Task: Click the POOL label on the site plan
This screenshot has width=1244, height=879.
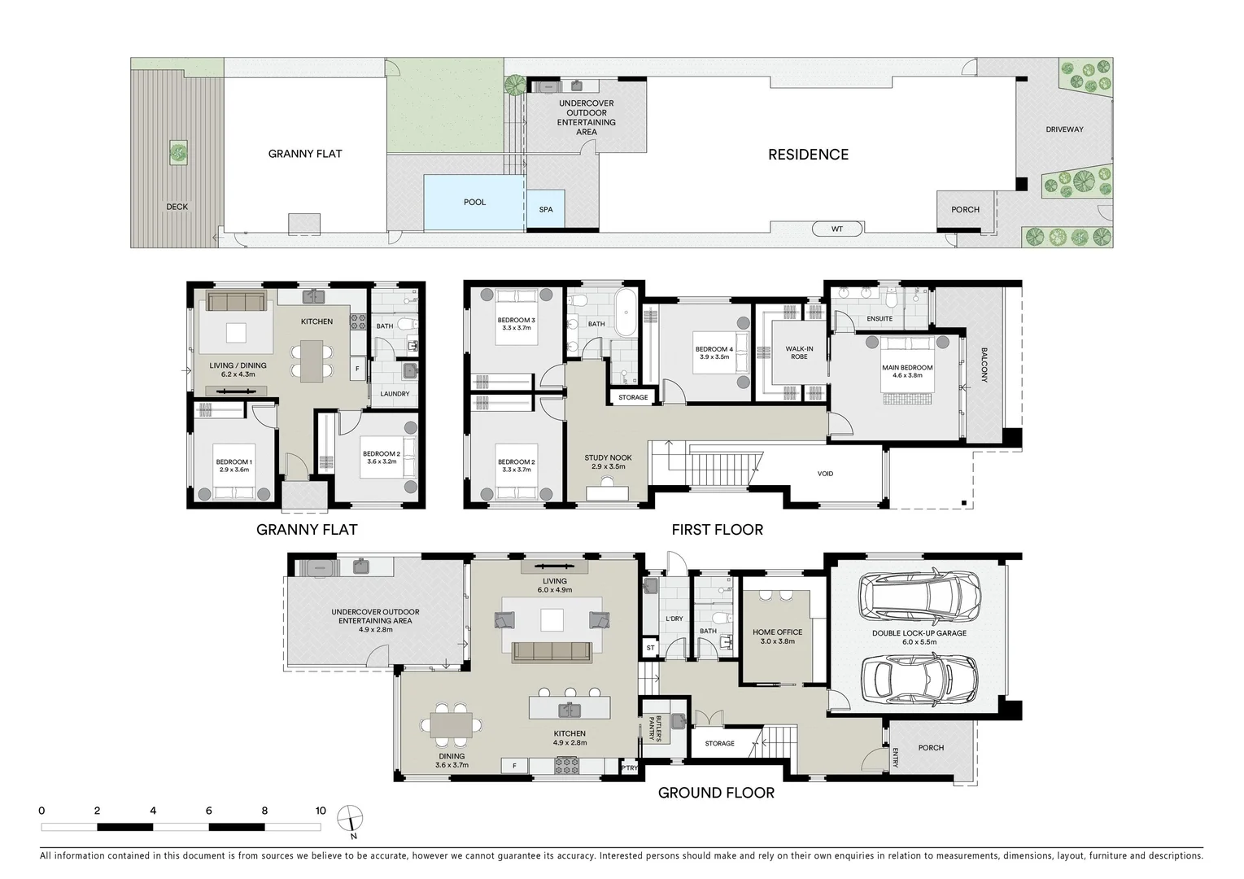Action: coord(474,203)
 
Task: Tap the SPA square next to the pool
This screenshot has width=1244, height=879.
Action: coord(546,210)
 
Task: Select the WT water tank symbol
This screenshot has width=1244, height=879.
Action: coord(836,230)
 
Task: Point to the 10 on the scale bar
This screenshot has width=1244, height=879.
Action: coord(321,811)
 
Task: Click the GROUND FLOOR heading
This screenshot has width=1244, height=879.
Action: coord(716,793)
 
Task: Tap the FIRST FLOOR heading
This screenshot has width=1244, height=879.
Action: coord(717,530)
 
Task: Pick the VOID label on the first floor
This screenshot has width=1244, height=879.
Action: coord(825,474)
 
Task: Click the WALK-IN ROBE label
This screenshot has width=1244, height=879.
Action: coord(799,352)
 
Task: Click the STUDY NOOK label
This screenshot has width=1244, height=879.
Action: coord(608,462)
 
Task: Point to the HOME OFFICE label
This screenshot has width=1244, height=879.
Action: coord(777,636)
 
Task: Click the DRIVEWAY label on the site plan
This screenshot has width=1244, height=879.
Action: coord(1064,129)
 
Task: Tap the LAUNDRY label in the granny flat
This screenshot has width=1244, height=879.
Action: coord(395,394)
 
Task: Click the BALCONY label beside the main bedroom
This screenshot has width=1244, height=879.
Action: coord(984,365)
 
